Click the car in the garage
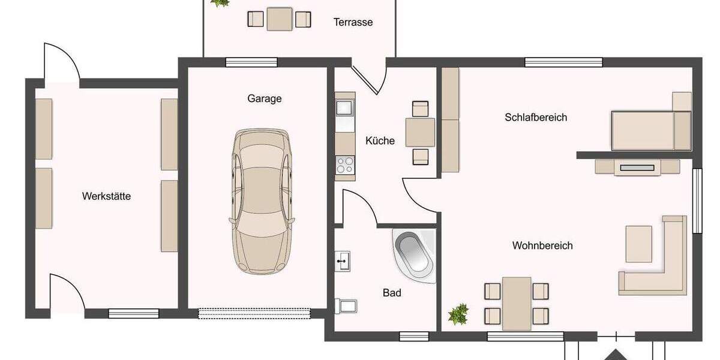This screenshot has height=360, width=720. point(263,201)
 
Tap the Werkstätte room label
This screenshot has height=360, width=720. point(107,196)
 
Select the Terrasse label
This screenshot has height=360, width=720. point(353,22)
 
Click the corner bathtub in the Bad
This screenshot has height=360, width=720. point(413,256)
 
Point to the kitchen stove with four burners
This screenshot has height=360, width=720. point(345,164)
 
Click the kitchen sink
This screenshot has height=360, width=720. point(345,108)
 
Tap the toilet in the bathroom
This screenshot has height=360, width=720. point(347,306)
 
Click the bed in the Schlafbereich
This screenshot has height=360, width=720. point(650,130)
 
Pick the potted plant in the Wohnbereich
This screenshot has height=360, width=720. point(459,314)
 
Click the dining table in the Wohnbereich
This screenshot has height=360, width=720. point(517,303)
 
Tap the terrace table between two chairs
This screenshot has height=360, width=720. point(280,19)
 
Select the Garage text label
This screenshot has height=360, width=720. point(264,98)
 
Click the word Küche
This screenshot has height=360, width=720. point(380,141)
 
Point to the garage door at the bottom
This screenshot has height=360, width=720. point(254,313)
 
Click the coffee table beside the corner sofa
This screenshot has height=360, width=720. point(638,244)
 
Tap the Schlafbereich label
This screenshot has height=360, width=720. point(536,117)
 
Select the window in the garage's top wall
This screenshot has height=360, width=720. point(251,62)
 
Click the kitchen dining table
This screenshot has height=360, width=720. point(420,133)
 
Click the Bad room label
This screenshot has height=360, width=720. point(392,293)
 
